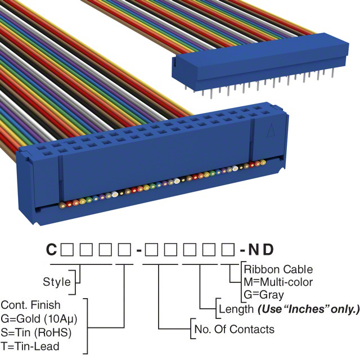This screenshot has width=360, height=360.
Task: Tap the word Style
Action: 57,281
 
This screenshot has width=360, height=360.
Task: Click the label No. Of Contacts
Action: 234,329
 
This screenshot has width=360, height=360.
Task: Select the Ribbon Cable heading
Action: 278,269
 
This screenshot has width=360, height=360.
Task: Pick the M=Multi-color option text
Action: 278,282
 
